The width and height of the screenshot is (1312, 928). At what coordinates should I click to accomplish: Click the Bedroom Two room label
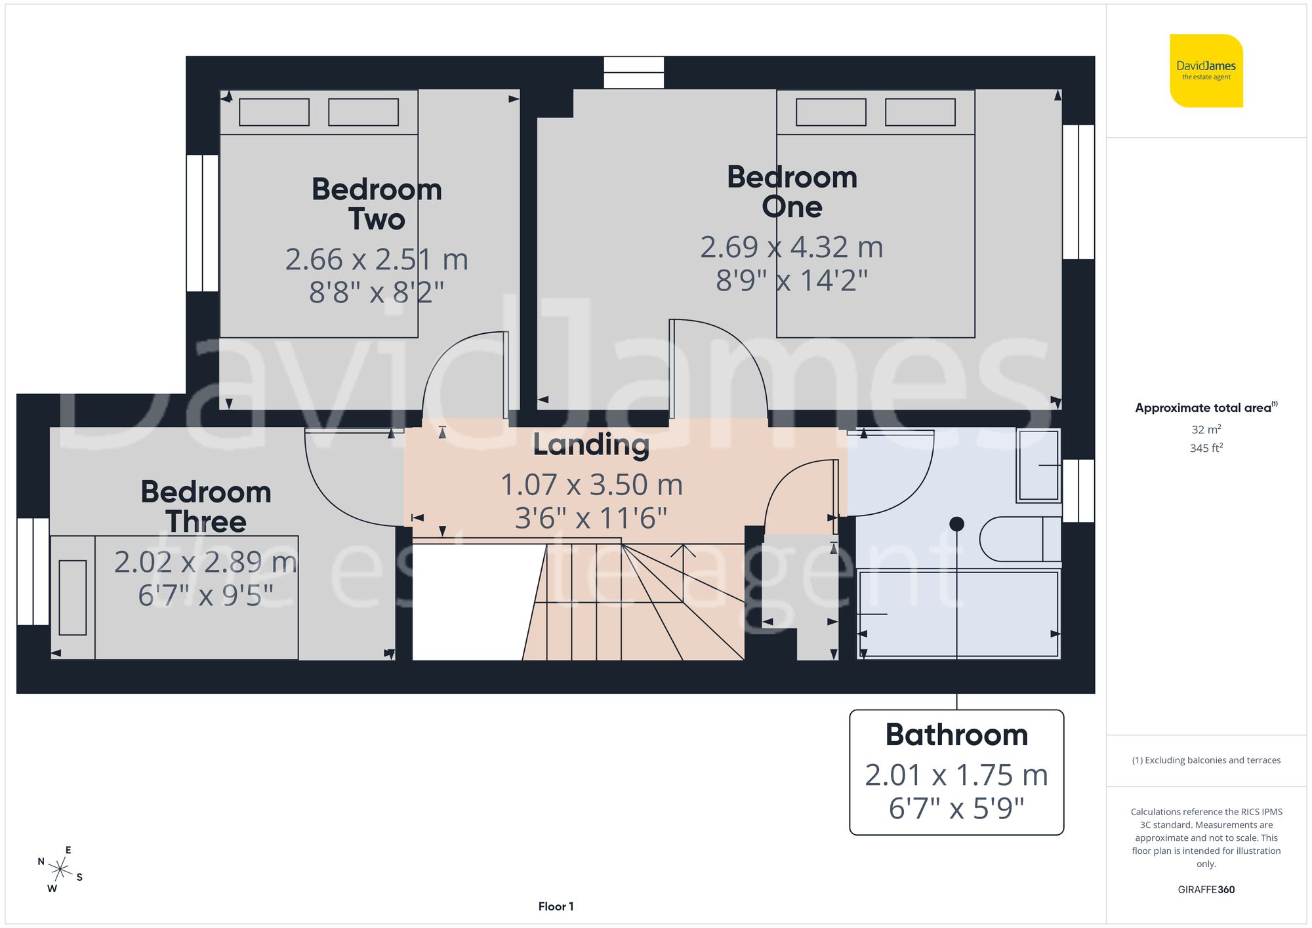[377, 204]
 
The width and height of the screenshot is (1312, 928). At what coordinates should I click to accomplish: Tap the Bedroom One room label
[792, 192]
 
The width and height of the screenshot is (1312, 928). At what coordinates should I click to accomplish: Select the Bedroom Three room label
[206, 506]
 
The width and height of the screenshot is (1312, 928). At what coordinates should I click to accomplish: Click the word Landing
[591, 445]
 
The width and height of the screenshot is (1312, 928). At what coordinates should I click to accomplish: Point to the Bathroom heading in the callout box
[956, 735]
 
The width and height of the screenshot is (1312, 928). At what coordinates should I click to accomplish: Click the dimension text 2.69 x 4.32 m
[792, 247]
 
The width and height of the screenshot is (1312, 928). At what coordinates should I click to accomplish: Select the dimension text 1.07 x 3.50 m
[591, 485]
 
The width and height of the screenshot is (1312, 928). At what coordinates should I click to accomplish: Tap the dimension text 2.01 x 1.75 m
[956, 775]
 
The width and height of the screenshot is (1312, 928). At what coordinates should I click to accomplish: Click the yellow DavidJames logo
[1206, 71]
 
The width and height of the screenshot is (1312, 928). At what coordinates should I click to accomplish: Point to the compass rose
[60, 870]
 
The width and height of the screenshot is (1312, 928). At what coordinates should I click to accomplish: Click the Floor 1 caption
[556, 906]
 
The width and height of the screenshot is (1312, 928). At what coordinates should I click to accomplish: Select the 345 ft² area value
[1206, 449]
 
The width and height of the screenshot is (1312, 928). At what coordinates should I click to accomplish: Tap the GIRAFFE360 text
[1206, 889]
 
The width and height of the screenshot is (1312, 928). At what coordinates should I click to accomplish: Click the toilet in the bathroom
[1020, 539]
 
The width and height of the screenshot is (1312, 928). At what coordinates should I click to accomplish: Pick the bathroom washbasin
[1038, 466]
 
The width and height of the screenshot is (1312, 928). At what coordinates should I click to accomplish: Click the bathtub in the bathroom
[958, 614]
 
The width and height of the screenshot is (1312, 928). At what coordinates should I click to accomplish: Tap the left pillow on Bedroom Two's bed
[274, 112]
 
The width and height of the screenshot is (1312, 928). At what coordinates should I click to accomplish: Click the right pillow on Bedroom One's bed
[920, 112]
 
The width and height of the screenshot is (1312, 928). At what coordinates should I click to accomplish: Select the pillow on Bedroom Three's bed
[73, 597]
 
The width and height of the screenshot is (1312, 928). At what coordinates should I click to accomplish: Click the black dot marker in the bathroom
[956, 524]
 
